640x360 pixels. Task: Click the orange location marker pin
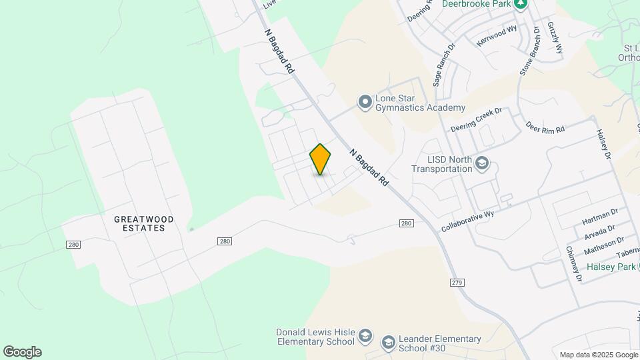pyautogui.click(x=320, y=159)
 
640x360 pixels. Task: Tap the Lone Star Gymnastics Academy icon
pyautogui.click(x=365, y=102)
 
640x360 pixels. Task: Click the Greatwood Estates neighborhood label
pyautogui.click(x=144, y=223)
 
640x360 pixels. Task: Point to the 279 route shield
pyautogui.click(x=457, y=283)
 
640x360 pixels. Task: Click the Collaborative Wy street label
pyautogui.click(x=467, y=222)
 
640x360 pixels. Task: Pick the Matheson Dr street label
pyautogui.click(x=604, y=245)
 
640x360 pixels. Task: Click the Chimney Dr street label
pyautogui.click(x=573, y=263)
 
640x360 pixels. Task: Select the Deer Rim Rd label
pyautogui.click(x=545, y=127)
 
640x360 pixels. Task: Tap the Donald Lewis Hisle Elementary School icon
pyautogui.click(x=365, y=335)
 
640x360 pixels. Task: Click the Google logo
pyautogui.click(x=22, y=352)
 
